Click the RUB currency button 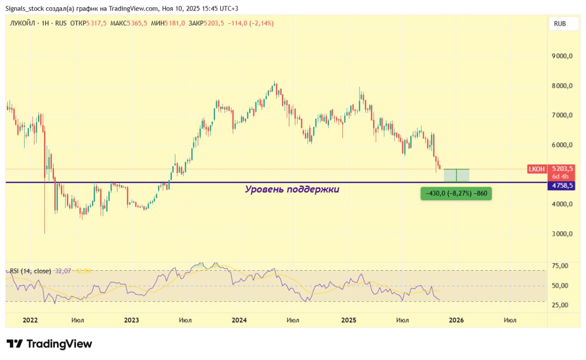[564, 23]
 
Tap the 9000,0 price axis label [563, 56]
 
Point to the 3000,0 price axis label [563, 234]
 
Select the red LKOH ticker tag [537, 169]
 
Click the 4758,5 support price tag [563, 186]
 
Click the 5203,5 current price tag [563, 169]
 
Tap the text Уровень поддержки [292, 189]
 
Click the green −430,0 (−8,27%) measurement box [456, 194]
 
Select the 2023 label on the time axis [132, 320]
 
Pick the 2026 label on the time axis [456, 320]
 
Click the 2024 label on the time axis [239, 320]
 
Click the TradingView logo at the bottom [49, 344]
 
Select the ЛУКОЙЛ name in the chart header [23, 23]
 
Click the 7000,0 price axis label [563, 115]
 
